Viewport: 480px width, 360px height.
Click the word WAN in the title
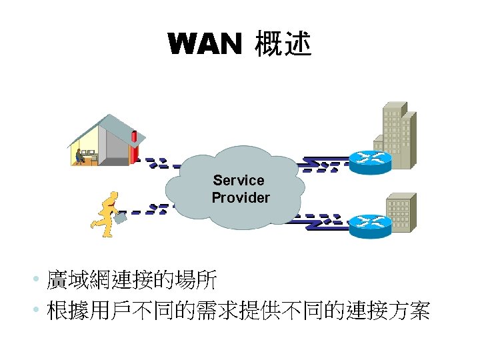coord(204,45)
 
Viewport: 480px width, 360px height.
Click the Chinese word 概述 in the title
coord(282,44)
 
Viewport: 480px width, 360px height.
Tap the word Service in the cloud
coord(239,180)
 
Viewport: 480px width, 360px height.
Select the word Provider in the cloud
coord(241,197)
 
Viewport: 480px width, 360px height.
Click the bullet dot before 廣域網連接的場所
coord(40,280)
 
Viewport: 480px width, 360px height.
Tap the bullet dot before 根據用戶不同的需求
coord(40,310)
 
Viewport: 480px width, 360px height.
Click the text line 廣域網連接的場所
coord(131,280)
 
